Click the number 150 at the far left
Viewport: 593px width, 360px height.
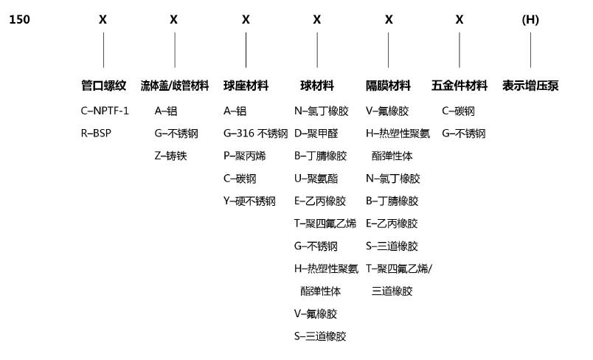19,19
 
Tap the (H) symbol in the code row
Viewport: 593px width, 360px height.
530,20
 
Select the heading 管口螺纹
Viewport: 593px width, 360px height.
103,86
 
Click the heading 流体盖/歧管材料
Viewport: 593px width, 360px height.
175,86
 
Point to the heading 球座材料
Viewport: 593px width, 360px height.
246,86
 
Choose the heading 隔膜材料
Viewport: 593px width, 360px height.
388,86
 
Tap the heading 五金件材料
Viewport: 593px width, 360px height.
460,86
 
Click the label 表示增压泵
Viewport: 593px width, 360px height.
530,86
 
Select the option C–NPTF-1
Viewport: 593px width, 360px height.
105,111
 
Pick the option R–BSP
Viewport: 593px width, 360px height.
96,133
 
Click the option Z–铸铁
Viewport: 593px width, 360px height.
170,156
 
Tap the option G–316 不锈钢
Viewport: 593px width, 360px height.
256,133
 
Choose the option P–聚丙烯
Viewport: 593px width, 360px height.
245,156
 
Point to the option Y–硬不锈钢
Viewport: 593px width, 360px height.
249,201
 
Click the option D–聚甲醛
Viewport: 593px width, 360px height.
316,133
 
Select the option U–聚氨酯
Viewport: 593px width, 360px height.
316,179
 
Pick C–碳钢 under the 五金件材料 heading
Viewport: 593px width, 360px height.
458,111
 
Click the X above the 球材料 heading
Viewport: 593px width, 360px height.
317,19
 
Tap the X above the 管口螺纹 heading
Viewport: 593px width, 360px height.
103,19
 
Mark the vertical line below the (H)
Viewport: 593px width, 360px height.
530,50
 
